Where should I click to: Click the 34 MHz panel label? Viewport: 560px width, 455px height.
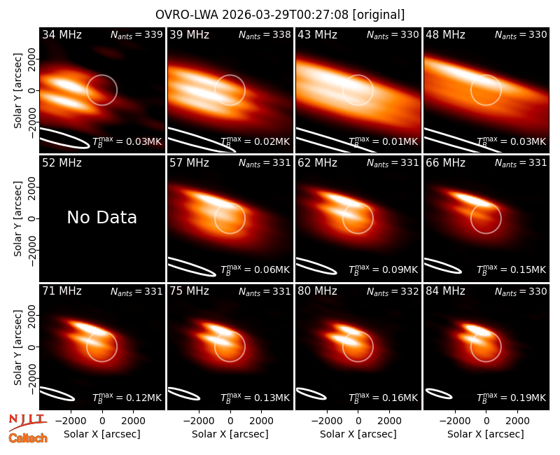click(62, 34)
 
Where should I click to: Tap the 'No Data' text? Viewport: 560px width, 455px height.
click(101, 217)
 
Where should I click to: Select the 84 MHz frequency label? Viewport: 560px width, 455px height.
click(445, 291)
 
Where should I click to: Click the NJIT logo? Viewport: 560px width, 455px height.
click(27, 422)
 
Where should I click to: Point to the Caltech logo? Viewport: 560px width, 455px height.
click(28, 438)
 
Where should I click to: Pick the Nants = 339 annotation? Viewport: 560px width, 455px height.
click(136, 34)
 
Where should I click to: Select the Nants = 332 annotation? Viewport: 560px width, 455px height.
click(393, 291)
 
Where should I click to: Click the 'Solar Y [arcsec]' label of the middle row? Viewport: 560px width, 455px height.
click(18, 218)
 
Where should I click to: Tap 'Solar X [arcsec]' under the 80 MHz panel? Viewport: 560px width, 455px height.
click(358, 434)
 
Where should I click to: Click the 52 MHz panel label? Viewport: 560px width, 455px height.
click(62, 163)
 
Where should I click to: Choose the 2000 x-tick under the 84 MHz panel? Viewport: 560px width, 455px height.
click(517, 421)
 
